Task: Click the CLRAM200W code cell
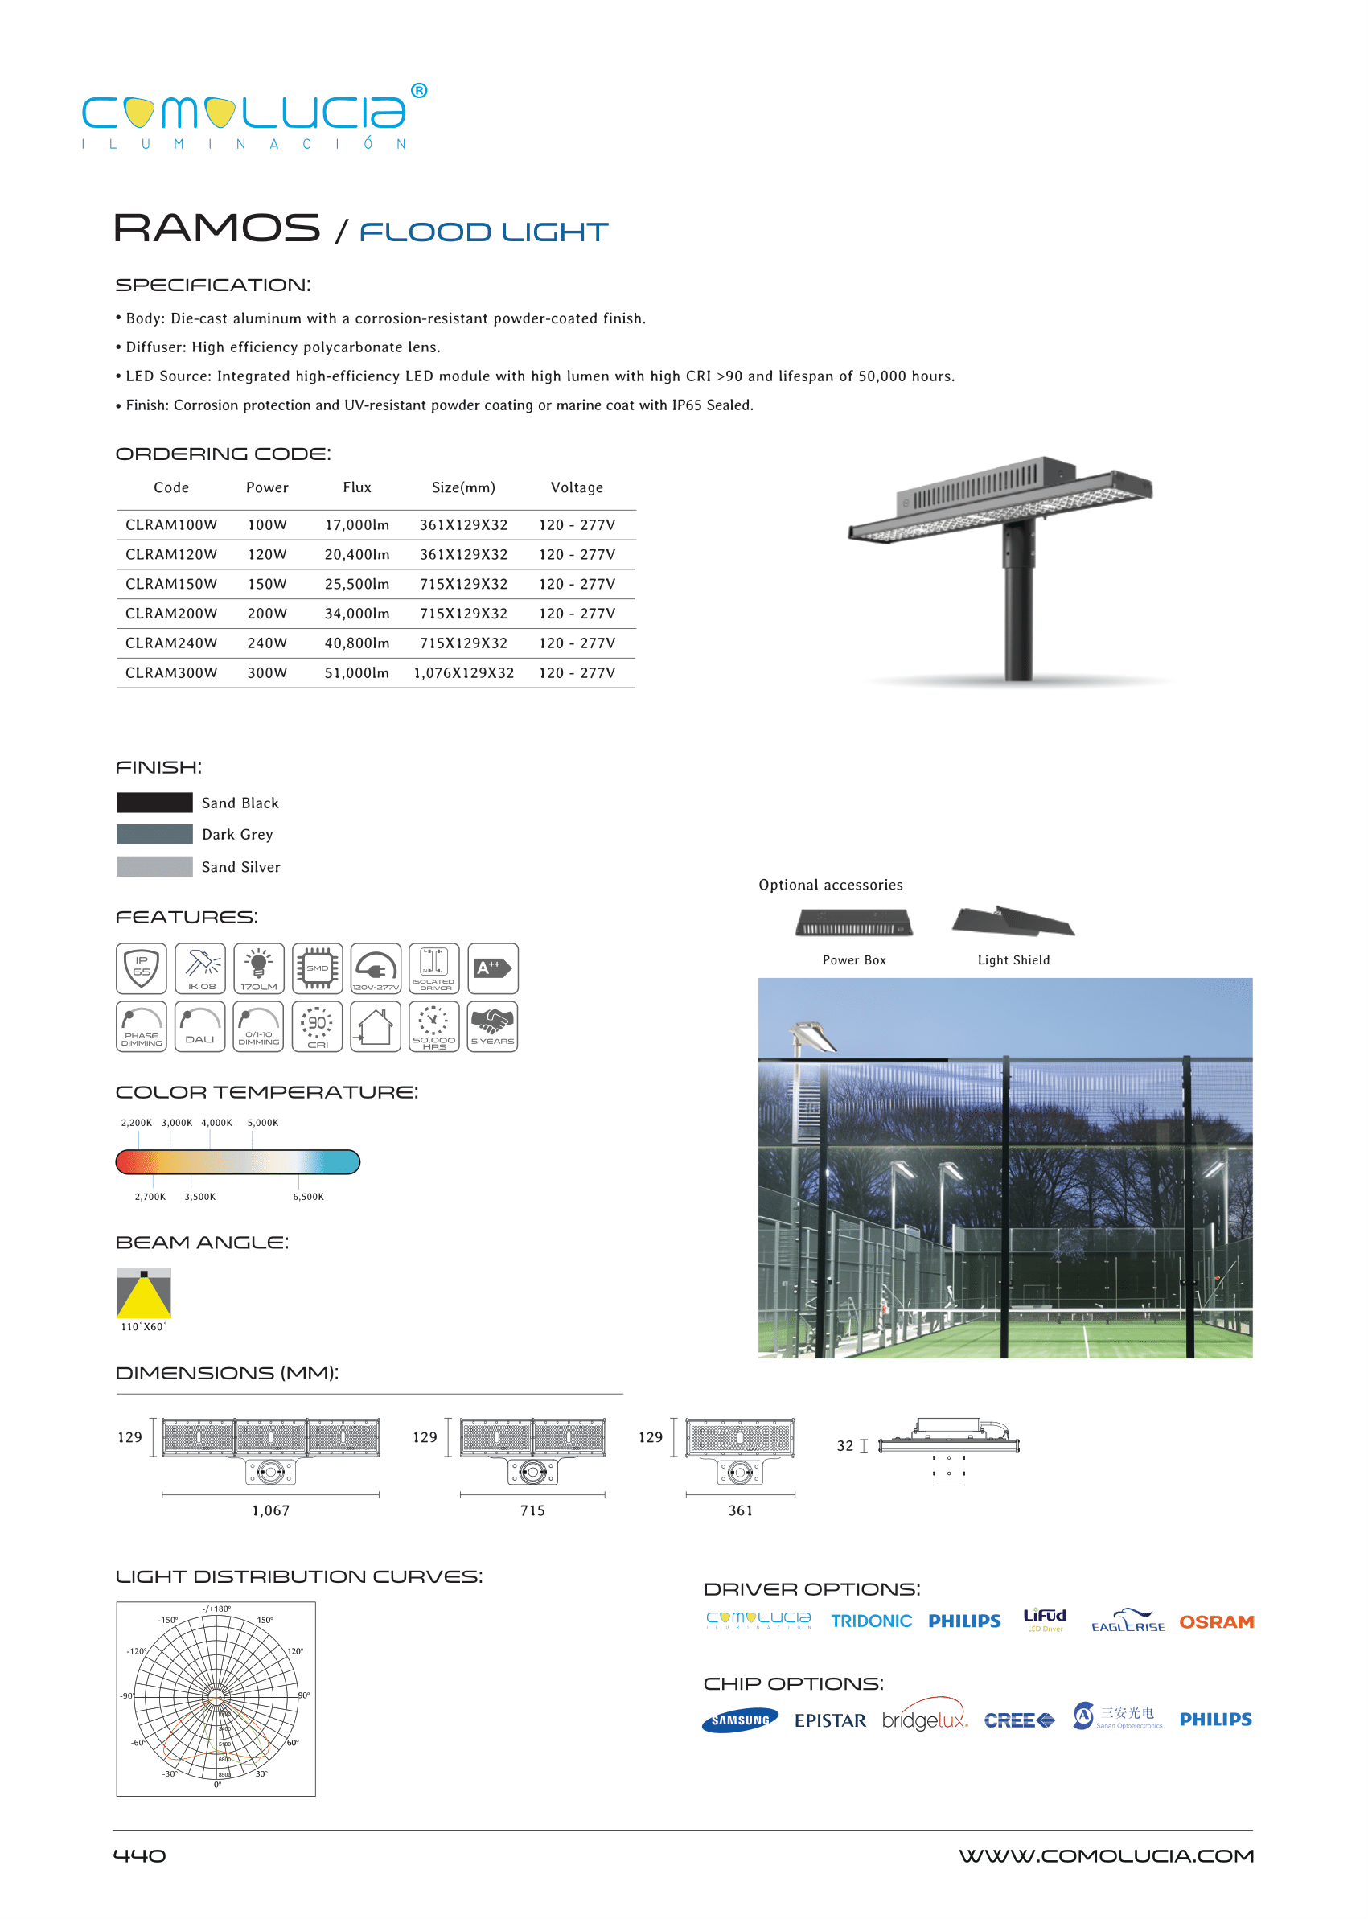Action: click(171, 614)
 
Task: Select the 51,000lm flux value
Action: click(356, 672)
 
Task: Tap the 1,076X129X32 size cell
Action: click(463, 672)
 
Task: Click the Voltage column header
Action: click(576, 487)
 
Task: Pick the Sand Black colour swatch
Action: click(154, 802)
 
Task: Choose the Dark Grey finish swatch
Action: click(154, 834)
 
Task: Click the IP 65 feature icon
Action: click(142, 968)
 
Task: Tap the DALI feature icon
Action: click(199, 1026)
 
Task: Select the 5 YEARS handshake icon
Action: click(492, 1026)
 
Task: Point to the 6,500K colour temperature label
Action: click(308, 1196)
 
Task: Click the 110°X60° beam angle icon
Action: click(144, 1292)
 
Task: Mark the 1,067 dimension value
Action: click(270, 1510)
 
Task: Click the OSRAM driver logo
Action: click(1215, 1621)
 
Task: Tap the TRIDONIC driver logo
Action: click(871, 1621)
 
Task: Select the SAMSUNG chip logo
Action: click(740, 1720)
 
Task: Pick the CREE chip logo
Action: click(1018, 1720)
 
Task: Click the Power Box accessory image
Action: click(854, 923)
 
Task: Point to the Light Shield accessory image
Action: click(1013, 922)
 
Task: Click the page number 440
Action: click(140, 1855)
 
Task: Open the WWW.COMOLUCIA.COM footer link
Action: click(1106, 1855)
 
